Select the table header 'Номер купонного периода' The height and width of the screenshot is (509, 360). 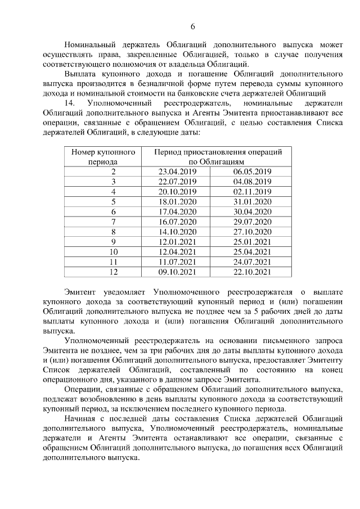tap(103, 156)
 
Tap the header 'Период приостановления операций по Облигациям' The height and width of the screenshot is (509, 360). tap(218, 156)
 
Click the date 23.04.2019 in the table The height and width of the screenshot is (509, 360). tap(177, 172)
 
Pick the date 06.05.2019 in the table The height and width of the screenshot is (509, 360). tap(251, 172)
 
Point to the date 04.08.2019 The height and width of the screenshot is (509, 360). tap(251, 182)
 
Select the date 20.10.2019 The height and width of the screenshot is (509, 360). tap(177, 192)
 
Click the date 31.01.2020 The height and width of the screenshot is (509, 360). tap(251, 202)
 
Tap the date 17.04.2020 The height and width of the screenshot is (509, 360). tap(177, 212)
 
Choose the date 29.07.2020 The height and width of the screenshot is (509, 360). tap(251, 222)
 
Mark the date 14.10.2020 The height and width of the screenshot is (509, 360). tap(177, 232)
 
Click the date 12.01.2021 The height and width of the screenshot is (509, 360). tap(177, 242)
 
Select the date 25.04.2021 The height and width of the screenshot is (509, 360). tap(251, 252)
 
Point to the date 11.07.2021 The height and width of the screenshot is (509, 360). tap(177, 262)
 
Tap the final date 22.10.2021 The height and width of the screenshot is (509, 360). tap(251, 272)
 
